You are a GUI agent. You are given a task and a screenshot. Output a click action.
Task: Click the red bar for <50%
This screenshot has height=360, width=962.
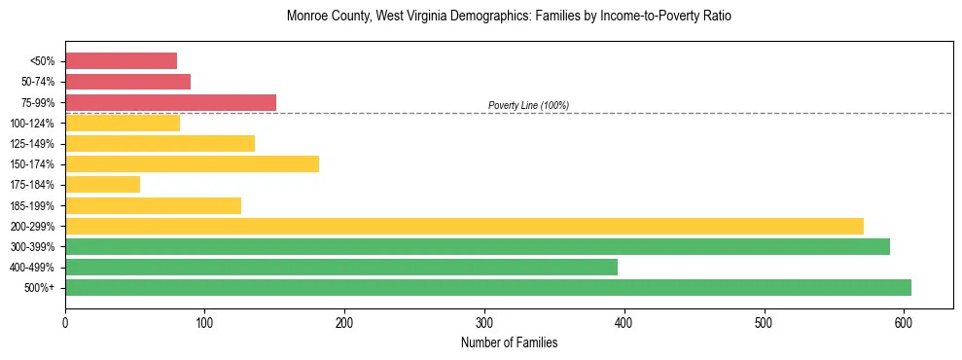pyautogui.click(x=121, y=61)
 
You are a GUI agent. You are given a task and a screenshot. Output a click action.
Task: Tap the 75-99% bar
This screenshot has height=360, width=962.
pyautogui.click(x=170, y=102)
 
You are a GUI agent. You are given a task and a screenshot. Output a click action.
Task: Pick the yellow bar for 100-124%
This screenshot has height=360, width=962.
pyautogui.click(x=123, y=123)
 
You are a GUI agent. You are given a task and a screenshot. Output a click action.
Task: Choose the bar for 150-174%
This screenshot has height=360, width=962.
pyautogui.click(x=192, y=164)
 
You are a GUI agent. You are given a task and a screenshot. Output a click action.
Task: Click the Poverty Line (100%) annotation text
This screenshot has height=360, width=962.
pyautogui.click(x=528, y=105)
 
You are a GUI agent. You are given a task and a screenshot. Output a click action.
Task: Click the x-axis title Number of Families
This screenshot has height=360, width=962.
pyautogui.click(x=509, y=342)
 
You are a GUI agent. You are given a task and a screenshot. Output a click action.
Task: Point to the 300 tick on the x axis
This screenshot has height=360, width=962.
pyautogui.click(x=484, y=321)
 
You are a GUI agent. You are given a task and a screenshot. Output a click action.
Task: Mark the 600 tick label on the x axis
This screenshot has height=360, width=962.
pyautogui.click(x=904, y=321)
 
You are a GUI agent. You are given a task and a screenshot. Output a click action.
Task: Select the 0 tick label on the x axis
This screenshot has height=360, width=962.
pyautogui.click(x=65, y=321)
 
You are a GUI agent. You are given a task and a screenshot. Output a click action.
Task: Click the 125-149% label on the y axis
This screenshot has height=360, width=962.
pyautogui.click(x=32, y=144)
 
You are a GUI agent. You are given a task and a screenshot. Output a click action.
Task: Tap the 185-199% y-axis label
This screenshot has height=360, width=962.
pyautogui.click(x=32, y=206)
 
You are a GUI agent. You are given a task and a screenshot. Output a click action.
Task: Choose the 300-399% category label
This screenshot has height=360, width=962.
pyautogui.click(x=32, y=247)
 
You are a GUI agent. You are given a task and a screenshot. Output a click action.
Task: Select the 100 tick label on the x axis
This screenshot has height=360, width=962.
pyautogui.click(x=204, y=321)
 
